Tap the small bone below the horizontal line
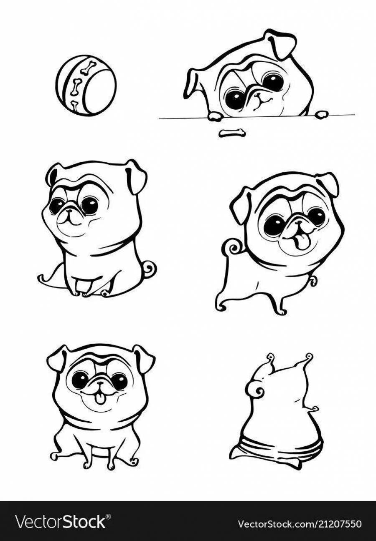(x=232, y=133)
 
